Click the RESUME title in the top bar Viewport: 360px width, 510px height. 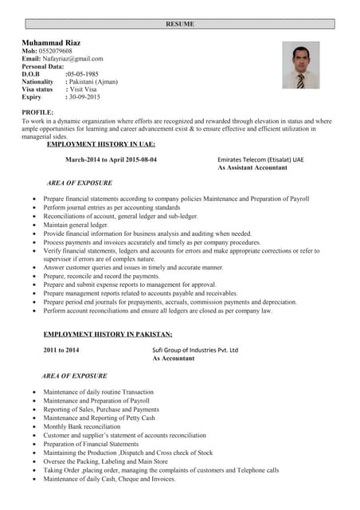click(x=179, y=24)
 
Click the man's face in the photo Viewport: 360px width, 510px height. click(x=300, y=59)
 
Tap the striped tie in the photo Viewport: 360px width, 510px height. click(x=300, y=80)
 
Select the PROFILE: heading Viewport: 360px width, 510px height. click(x=37, y=112)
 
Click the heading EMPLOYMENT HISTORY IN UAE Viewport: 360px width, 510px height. click(x=101, y=144)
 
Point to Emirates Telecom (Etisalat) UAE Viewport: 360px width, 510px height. click(x=260, y=159)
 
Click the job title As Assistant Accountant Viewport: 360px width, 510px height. click(x=259, y=168)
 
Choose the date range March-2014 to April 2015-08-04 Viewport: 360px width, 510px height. click(x=111, y=159)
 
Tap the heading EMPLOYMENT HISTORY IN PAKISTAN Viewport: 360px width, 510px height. click(x=108, y=334)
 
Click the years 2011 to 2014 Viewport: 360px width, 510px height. click(x=61, y=350)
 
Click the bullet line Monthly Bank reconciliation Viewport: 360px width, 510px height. click(x=82, y=426)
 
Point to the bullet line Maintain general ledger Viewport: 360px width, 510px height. click(x=76, y=225)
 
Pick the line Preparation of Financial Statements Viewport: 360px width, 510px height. click(x=91, y=444)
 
